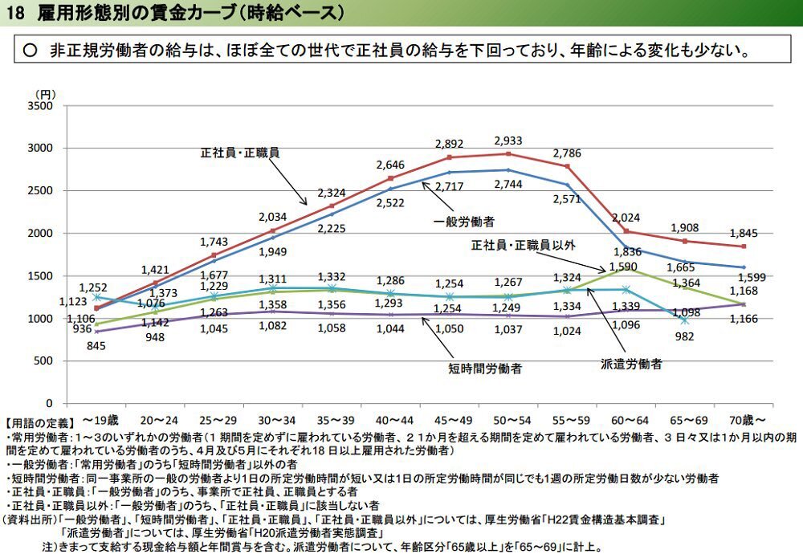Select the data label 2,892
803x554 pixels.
[449, 144]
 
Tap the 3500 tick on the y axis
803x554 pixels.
[39, 106]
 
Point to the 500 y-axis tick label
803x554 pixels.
[43, 361]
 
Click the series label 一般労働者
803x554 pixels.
[464, 221]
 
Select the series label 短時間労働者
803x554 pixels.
[484, 369]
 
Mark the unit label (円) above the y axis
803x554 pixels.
[45, 94]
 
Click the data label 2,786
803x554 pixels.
[566, 152]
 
